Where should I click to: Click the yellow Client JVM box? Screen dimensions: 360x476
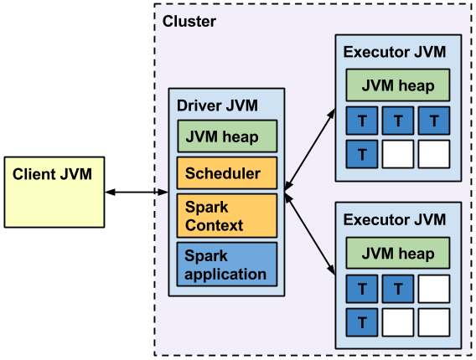click(54, 191)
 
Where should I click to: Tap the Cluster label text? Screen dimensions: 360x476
click(189, 21)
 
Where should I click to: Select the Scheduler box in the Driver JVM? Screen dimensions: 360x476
click(226, 173)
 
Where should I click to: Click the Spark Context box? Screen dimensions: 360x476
click(226, 215)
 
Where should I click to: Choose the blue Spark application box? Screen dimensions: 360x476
click(226, 264)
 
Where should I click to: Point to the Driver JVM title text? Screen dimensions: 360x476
click(217, 105)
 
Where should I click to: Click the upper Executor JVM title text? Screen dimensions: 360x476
click(394, 52)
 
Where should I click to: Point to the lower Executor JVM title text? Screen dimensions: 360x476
click(394, 220)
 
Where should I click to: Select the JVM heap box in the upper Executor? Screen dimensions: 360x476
click(397, 85)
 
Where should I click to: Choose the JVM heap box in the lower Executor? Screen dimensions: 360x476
click(397, 254)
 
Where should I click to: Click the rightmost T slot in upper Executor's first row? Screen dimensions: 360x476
click(433, 121)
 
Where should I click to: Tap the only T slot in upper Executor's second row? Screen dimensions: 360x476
click(361, 154)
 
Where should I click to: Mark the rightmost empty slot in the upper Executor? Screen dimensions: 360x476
click(433, 154)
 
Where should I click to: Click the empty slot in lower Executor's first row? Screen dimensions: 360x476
click(433, 290)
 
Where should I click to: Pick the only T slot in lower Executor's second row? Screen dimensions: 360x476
click(361, 321)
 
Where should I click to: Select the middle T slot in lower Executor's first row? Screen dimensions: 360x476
click(397, 290)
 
